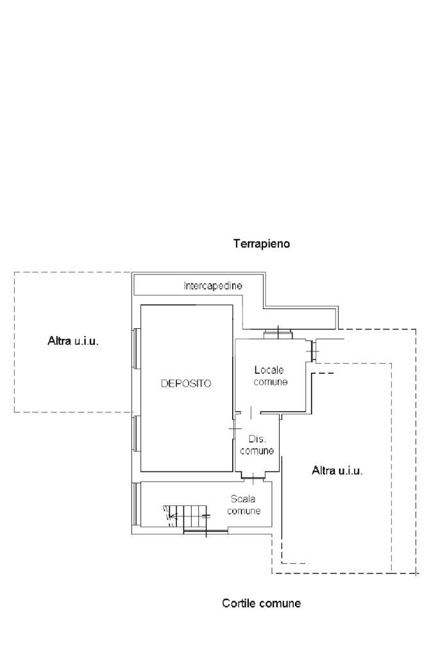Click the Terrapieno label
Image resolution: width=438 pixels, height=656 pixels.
tap(262, 244)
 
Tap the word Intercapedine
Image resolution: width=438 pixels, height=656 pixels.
tap(213, 286)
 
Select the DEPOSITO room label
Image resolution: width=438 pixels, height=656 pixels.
tap(186, 383)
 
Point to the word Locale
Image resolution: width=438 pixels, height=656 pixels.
tap(269, 370)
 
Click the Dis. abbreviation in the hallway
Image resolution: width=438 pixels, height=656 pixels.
tap(257, 439)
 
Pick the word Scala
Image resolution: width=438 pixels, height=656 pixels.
tap(243, 499)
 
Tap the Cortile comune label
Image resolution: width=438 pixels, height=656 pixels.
tap(262, 603)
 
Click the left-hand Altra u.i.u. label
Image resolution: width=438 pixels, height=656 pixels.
tap(73, 341)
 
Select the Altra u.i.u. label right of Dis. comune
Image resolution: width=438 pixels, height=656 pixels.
tap(337, 471)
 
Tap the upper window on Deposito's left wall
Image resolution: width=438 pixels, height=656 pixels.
tap(135, 348)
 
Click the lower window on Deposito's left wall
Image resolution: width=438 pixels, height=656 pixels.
tap(135, 434)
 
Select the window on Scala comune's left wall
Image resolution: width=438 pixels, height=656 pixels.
tap(135, 504)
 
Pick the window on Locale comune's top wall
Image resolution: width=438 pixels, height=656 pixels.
tap(278, 334)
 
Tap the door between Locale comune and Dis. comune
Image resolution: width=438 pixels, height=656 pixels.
tap(250, 412)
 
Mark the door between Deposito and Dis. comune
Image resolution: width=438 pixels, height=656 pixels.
tap(234, 429)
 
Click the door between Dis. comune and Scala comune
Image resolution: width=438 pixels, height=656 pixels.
tap(254, 476)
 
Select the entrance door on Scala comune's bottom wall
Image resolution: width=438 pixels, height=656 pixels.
tap(206, 532)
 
